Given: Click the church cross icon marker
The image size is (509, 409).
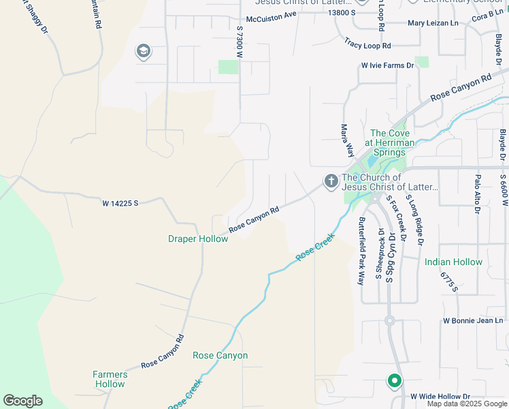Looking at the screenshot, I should [x=331, y=182].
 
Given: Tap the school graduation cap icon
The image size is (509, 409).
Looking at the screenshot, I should [x=144, y=52].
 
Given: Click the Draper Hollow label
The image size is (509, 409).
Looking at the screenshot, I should [x=198, y=239].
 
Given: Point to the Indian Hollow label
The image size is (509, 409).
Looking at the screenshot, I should [x=453, y=262].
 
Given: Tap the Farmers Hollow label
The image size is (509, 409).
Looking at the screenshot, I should [x=110, y=379].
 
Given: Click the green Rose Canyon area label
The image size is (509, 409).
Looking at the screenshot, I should [x=220, y=356].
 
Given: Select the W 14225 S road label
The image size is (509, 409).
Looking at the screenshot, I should [x=120, y=203].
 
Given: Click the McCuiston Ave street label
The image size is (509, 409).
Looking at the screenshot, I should [x=272, y=15].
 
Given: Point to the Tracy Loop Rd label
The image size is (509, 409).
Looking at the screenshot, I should [x=367, y=44].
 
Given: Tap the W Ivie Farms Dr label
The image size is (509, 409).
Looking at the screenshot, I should [x=387, y=65].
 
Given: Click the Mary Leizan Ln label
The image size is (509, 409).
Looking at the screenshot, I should [x=433, y=22].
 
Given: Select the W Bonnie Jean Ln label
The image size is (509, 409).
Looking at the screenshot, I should [x=472, y=320].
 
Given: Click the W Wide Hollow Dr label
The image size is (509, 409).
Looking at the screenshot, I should [x=440, y=396].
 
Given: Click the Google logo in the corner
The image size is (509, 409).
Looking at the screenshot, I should [x=22, y=401].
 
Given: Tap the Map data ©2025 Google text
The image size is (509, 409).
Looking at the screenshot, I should [x=467, y=404].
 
